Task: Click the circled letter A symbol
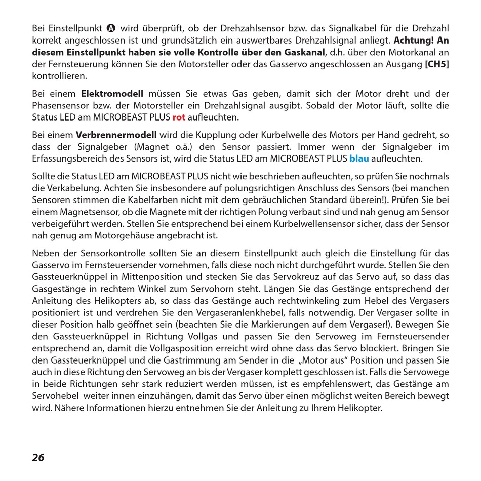(112, 28)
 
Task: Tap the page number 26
(38, 458)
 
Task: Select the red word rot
(179, 117)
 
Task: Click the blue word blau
(359, 158)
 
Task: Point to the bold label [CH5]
(436, 64)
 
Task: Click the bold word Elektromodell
(112, 94)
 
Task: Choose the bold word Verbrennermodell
(117, 135)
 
